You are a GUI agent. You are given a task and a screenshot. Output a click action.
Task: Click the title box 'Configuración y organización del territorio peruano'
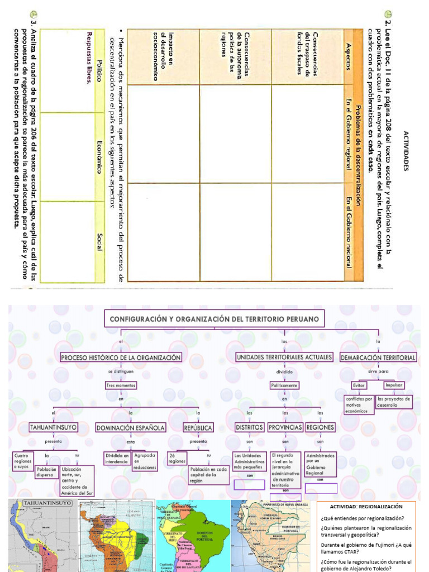[x=214, y=319]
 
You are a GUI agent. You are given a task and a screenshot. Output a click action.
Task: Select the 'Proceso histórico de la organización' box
[x=121, y=357]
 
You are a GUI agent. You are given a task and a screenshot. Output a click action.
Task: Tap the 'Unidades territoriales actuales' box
[x=284, y=357]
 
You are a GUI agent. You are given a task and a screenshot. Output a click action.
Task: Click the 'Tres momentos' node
[x=121, y=385]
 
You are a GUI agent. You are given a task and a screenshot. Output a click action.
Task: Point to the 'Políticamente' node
[x=284, y=385]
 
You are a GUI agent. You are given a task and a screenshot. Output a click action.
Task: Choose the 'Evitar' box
[x=359, y=385]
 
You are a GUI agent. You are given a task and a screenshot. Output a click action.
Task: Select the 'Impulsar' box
[x=393, y=385]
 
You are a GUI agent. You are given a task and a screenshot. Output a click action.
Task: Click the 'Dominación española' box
[x=131, y=428]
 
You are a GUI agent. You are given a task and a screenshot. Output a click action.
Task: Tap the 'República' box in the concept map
[x=198, y=428]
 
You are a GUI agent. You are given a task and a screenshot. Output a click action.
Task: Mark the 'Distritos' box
[x=249, y=427]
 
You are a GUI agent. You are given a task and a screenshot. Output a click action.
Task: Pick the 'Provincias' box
[x=285, y=427]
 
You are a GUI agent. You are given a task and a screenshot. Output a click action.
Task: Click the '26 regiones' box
[x=177, y=458]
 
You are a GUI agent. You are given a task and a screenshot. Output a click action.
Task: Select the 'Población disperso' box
[x=46, y=473]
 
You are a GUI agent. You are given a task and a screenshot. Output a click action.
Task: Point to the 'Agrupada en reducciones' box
[x=145, y=461]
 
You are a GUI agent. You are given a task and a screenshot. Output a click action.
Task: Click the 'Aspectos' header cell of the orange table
[x=349, y=56]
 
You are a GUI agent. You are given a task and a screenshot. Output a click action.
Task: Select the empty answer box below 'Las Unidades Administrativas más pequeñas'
[x=249, y=485]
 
